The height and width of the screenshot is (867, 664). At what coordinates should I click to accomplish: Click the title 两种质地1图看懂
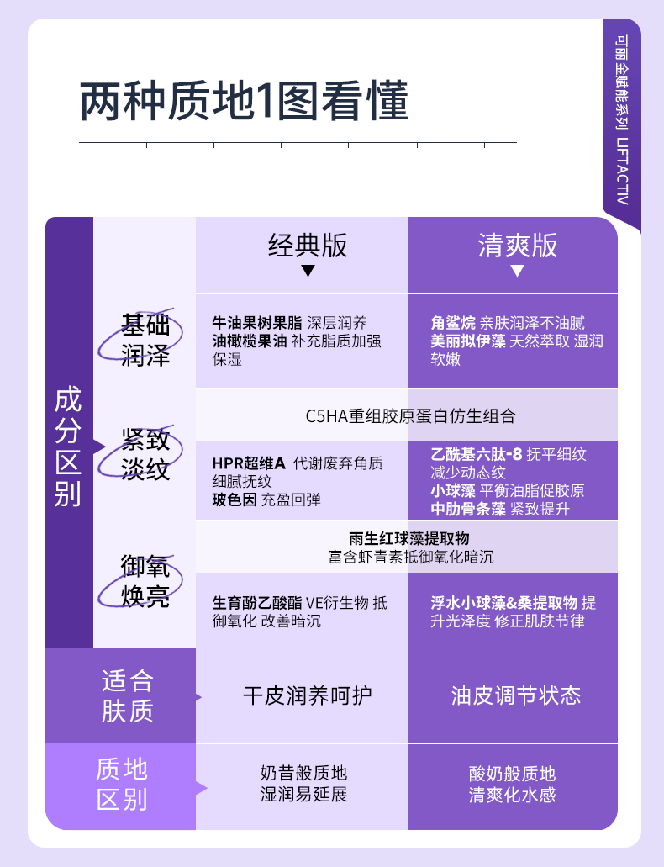[x=244, y=103]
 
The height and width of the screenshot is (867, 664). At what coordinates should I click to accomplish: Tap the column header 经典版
[x=308, y=245]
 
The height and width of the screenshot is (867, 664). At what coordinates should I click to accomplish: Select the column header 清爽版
[x=517, y=245]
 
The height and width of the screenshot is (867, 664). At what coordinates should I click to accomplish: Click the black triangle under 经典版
[x=308, y=271]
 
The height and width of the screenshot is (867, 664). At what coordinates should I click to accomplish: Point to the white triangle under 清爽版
[x=517, y=271]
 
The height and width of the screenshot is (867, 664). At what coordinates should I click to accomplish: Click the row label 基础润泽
[x=145, y=340]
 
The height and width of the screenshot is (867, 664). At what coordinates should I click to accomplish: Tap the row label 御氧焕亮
[x=145, y=581]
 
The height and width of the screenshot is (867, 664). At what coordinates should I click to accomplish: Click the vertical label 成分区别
[x=68, y=446]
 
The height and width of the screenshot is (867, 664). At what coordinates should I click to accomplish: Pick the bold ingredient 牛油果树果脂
[x=257, y=323]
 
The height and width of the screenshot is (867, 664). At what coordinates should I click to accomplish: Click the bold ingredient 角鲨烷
[x=453, y=323]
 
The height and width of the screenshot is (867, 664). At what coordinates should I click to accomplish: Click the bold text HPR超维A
[x=249, y=463]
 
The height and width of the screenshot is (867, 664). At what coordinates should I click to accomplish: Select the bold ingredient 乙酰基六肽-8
[x=477, y=454]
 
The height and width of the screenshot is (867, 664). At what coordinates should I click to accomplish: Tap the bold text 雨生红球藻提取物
[x=408, y=538]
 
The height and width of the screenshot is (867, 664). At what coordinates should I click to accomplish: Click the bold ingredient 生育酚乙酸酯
[x=257, y=603]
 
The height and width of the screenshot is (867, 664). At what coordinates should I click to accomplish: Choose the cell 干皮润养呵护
[x=307, y=695]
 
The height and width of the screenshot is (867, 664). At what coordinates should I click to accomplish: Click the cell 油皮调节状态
[x=515, y=695]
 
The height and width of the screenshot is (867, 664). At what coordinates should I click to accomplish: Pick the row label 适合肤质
[x=128, y=695]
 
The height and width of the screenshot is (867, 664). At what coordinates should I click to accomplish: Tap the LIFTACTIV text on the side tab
[x=621, y=172]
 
